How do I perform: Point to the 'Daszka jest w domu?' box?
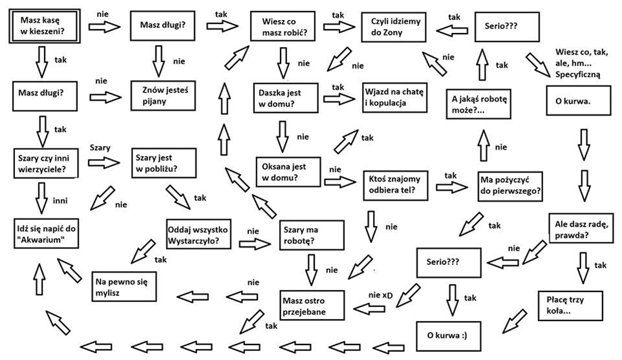[282, 98]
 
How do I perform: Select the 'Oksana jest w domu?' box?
[287, 171]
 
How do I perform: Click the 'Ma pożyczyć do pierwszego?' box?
[509, 186]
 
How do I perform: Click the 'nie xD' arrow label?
[381, 295]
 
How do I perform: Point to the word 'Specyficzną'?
[578, 74]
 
